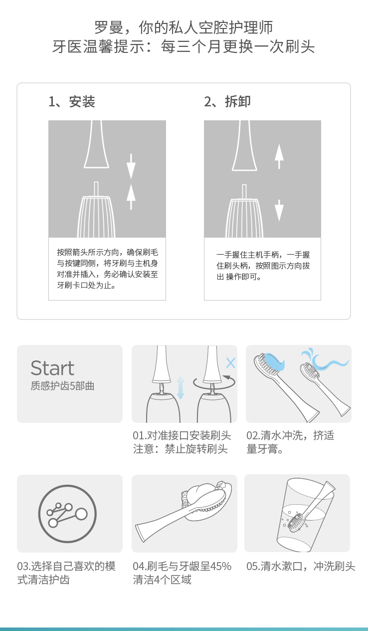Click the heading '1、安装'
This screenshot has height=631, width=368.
coord(72,102)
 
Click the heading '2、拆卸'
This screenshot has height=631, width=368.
coord(227,101)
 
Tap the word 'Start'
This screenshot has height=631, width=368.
coord(52,368)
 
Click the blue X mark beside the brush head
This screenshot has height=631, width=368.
coord(231,363)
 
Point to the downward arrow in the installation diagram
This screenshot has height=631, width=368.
coord(131,166)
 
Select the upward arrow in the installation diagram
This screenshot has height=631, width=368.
coord(131,197)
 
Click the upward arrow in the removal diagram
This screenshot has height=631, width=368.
coord(279,156)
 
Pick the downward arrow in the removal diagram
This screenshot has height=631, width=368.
coord(279,210)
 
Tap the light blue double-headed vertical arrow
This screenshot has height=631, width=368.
coord(181,388)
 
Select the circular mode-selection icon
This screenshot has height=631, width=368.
coord(67,514)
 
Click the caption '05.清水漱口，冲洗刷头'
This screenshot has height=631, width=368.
coord(301,566)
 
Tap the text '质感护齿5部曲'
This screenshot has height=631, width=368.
coord(62,386)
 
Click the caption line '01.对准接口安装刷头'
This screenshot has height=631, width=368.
coord(182,435)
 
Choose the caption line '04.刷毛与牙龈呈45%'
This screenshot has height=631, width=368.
coord(182,566)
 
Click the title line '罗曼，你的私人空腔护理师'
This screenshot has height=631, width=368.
coord(184,27)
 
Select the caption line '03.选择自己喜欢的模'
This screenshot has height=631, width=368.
coord(66,566)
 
